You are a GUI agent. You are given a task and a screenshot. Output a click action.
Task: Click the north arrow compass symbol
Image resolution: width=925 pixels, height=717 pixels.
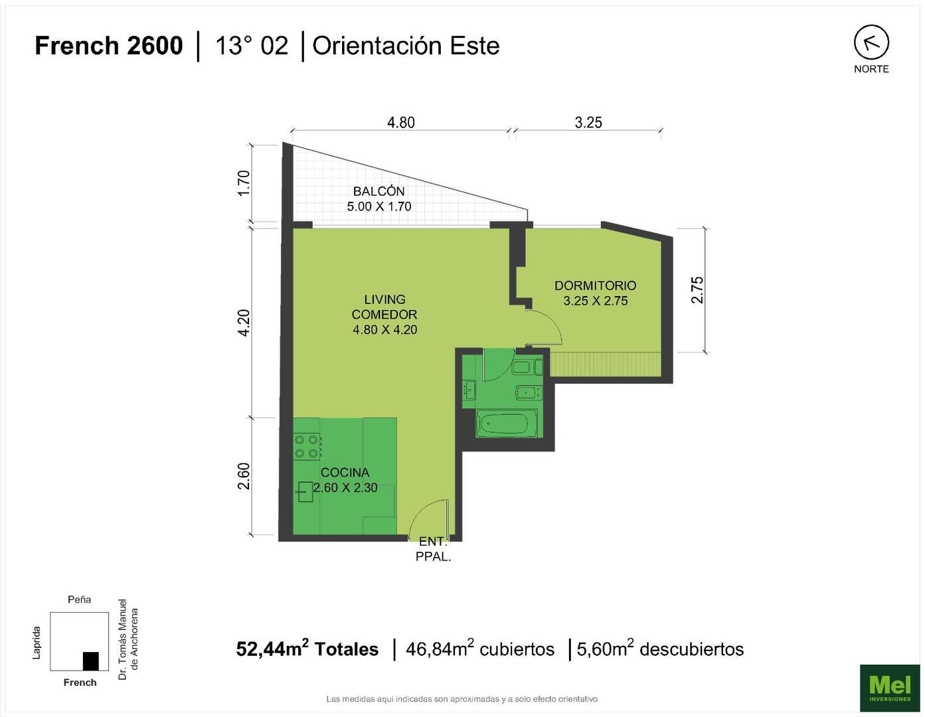tap(871, 42)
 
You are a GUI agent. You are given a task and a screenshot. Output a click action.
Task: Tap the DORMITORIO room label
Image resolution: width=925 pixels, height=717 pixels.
tap(595, 285)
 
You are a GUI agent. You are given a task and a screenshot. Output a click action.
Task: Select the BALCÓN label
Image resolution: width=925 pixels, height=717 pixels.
tap(379, 191)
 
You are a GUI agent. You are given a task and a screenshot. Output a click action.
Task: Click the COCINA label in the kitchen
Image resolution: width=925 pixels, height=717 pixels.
tap(345, 472)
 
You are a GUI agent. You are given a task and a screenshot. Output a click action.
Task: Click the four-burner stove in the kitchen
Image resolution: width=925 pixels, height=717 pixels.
tap(307, 446)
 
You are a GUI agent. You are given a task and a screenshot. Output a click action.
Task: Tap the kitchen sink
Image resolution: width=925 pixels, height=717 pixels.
tap(305, 492)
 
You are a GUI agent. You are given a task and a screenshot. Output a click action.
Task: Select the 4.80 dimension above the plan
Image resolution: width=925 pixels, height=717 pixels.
tap(400, 123)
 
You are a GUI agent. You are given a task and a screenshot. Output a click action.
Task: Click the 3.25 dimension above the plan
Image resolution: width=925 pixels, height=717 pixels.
tap(588, 123)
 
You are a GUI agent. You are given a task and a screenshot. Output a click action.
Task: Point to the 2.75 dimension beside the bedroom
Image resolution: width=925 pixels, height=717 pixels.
tap(697, 289)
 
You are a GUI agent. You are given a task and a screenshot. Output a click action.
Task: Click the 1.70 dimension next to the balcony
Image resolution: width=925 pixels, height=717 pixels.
tap(244, 183)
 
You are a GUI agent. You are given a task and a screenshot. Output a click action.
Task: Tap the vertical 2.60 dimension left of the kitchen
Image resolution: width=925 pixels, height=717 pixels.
tap(244, 476)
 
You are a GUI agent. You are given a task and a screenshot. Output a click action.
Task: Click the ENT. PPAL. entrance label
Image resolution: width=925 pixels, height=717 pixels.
tap(434, 549)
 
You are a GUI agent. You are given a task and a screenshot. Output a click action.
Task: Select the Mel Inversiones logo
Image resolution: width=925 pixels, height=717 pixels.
tap(890, 688)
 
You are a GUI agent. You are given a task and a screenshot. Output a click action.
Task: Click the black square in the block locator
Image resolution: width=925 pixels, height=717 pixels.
tap(91, 661)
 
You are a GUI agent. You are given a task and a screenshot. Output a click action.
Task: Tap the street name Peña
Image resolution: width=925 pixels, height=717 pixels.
tap(79, 599)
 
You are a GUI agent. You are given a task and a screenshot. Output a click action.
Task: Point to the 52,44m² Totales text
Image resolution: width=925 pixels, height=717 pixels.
tap(307, 649)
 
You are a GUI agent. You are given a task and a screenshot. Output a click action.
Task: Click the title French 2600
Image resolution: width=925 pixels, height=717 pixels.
tap(108, 46)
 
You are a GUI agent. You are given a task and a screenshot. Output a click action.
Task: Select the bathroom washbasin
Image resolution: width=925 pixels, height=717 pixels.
tap(469, 389)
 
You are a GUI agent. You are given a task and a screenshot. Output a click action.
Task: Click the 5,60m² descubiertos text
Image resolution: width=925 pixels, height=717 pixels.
tap(660, 649)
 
